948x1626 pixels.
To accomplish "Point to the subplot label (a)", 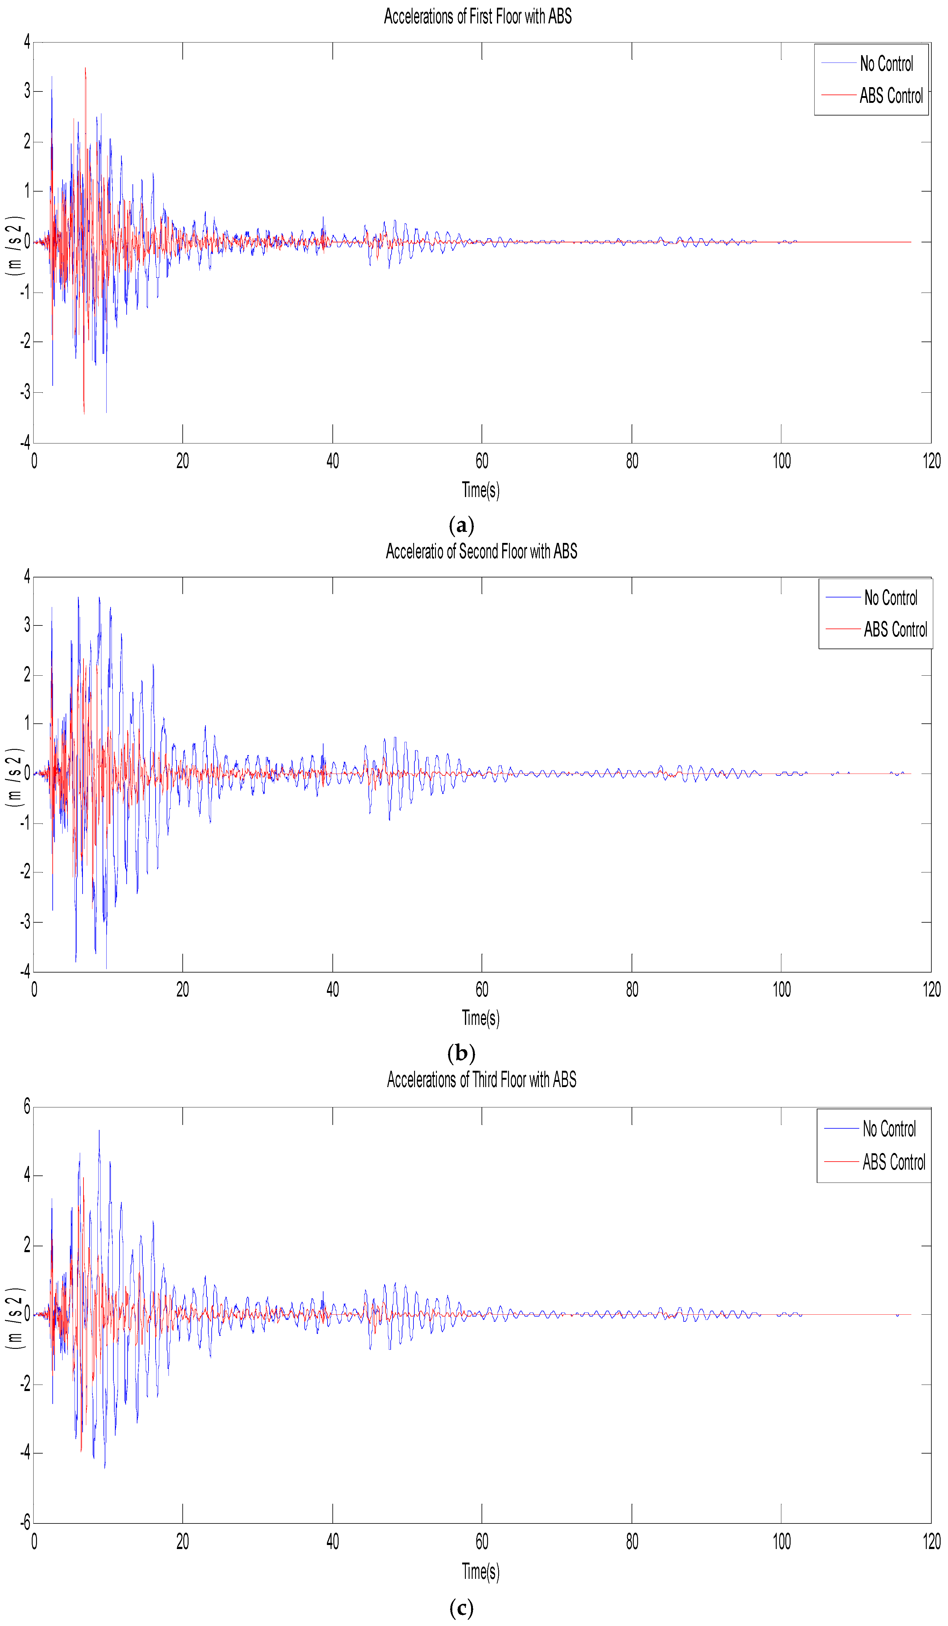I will point(461,524).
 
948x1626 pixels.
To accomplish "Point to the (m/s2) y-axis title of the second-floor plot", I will point(14,778).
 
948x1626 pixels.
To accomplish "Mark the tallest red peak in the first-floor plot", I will point(85,68).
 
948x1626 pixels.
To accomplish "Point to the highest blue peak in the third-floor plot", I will point(99,1131).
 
